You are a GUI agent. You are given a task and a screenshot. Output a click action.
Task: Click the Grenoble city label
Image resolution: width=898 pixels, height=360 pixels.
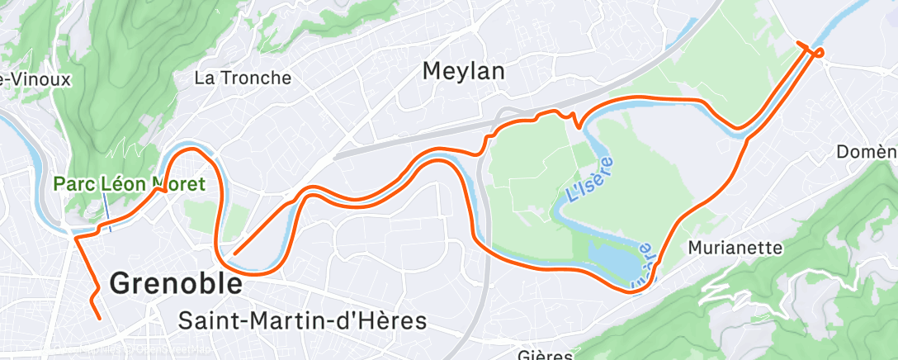pyautogui.click(x=176, y=284)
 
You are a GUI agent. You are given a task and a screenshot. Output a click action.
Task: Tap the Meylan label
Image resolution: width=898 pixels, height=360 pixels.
pyautogui.click(x=463, y=71)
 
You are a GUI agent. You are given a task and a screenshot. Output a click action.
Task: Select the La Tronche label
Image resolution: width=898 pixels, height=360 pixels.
pyautogui.click(x=243, y=78)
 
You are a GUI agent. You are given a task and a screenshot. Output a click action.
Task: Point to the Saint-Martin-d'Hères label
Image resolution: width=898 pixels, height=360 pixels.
pyautogui.click(x=303, y=320)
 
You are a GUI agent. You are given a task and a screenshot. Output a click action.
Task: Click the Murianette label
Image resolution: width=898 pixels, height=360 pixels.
pyautogui.click(x=735, y=248)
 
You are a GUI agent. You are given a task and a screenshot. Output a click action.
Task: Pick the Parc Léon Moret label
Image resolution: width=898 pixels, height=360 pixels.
pyautogui.click(x=129, y=183)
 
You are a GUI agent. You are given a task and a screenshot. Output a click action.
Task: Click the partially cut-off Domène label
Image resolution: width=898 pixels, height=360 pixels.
pyautogui.click(x=867, y=152)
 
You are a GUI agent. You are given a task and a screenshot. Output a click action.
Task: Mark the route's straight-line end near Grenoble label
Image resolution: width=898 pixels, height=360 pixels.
pyautogui.click(x=236, y=253)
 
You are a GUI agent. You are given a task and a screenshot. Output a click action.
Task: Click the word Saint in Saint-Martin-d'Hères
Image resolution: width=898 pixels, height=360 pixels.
pyautogui.click(x=206, y=320)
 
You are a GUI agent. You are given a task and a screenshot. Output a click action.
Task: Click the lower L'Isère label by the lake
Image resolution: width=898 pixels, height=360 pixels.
pyautogui.click(x=643, y=267)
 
